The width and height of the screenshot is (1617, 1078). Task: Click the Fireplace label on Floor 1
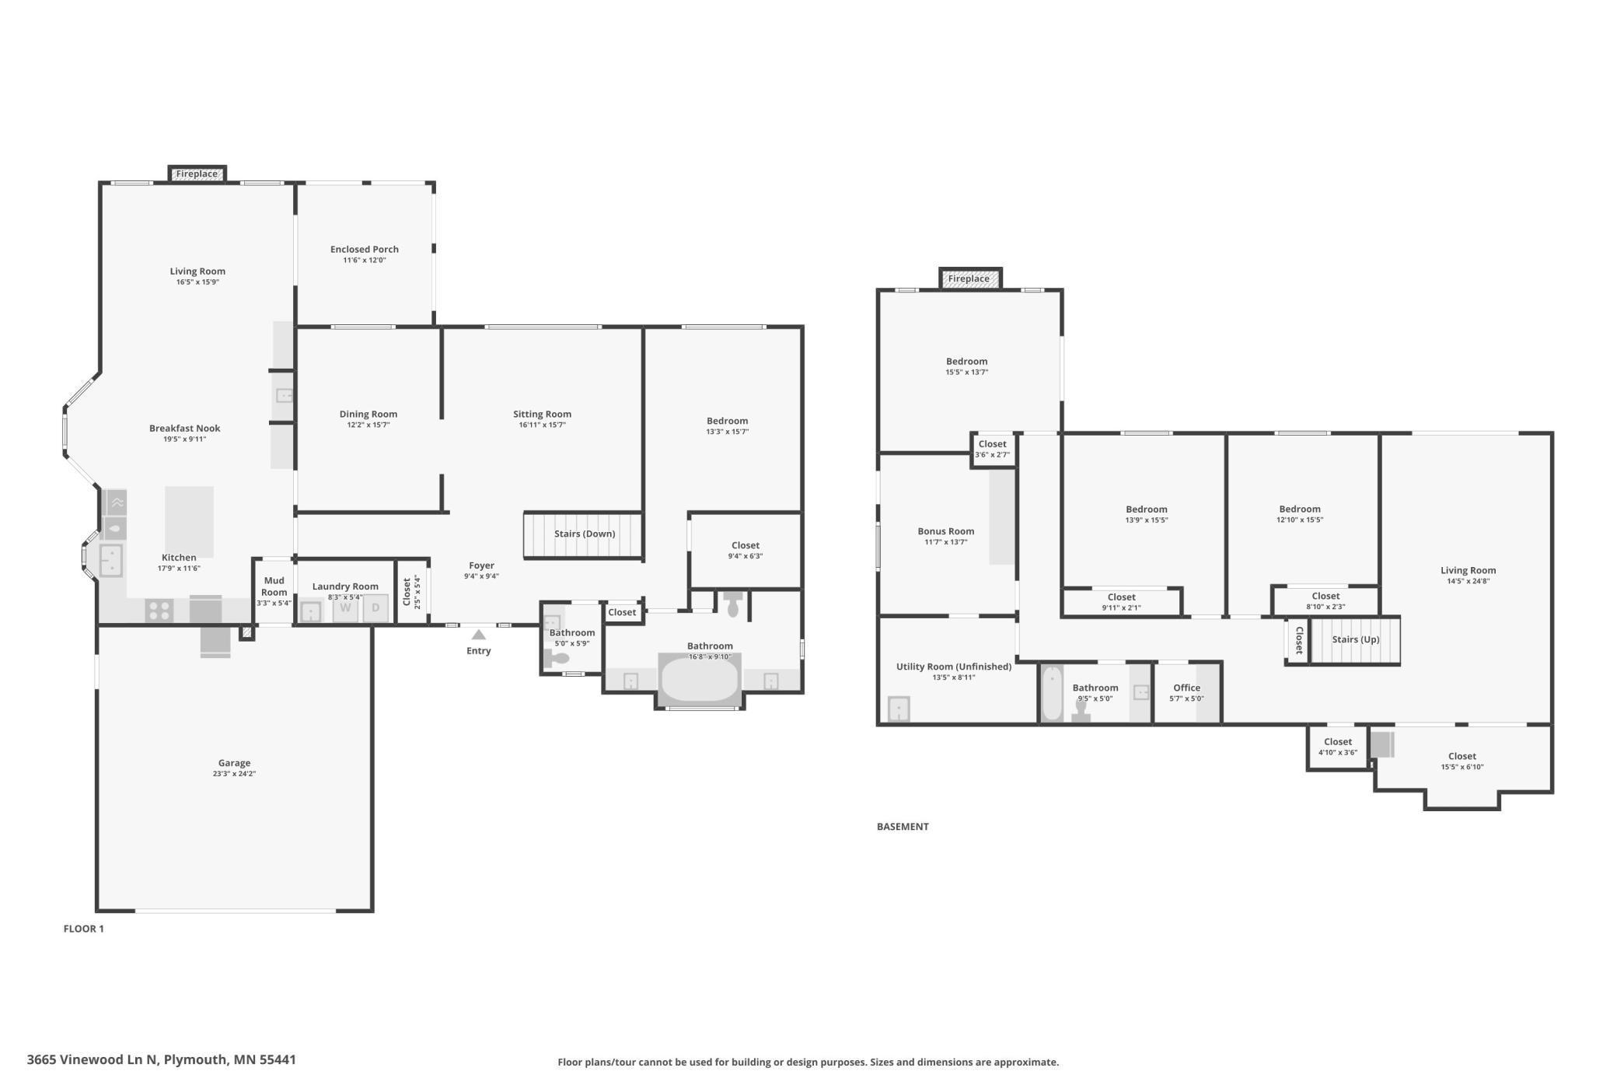[197, 174]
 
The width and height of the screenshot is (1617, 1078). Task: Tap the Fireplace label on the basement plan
[969, 278]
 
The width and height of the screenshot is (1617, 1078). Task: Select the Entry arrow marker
[479, 635]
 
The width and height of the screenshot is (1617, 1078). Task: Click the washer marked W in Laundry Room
[345, 608]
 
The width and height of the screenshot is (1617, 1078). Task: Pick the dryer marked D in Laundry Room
[375, 608]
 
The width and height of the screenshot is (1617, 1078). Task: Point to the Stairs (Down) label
[584, 534]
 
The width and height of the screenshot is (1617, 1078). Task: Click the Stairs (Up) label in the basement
[1355, 639]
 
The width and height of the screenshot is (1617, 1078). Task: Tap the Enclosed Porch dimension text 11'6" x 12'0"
[364, 260]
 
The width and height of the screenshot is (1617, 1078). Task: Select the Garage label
[234, 763]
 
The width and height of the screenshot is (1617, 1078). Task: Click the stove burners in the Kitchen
[159, 611]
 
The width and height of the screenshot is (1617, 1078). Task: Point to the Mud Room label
[274, 586]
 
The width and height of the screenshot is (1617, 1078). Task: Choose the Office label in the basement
[1186, 688]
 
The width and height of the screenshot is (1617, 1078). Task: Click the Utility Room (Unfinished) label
[953, 667]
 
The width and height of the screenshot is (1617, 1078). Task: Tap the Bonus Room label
[945, 531]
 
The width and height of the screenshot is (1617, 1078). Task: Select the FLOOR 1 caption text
[83, 929]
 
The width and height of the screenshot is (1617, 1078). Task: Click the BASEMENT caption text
[902, 827]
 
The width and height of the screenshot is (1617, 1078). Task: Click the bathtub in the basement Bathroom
[1051, 694]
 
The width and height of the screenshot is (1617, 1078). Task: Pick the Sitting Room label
[542, 414]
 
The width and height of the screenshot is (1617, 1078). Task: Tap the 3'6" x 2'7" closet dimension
[992, 455]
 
